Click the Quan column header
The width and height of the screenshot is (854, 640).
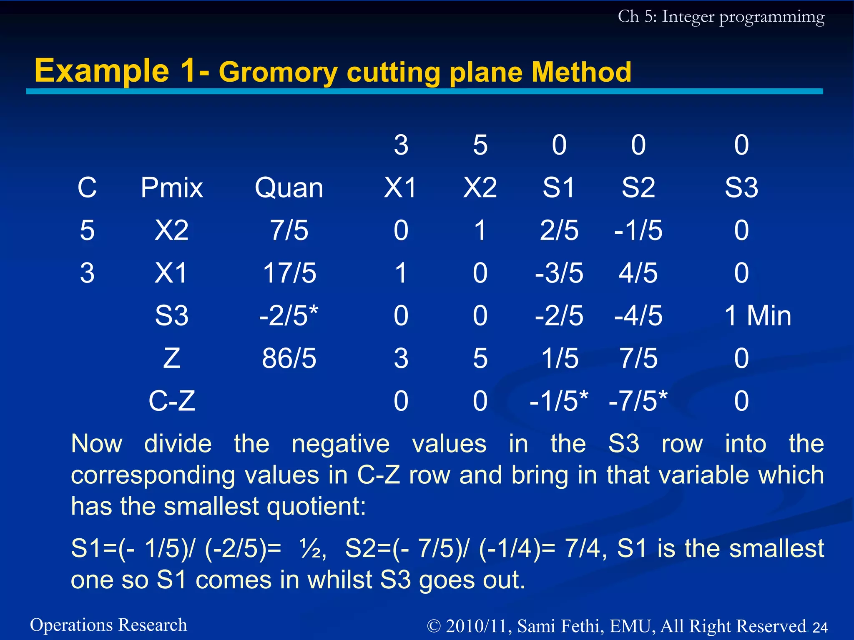[289, 188]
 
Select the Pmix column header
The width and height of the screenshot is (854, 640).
[172, 188]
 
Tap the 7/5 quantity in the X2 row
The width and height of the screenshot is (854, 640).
[289, 230]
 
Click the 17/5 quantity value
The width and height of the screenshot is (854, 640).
[289, 273]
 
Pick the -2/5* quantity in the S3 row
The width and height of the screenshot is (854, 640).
[288, 316]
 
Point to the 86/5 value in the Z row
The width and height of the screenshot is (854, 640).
[289, 358]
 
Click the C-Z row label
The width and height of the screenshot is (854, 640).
[172, 401]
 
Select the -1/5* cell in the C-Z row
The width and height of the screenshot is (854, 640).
[559, 401]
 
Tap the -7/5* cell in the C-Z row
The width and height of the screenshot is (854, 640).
[638, 401]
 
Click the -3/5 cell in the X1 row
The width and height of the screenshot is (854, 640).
[559, 273]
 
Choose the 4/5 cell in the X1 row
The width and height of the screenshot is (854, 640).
[638, 273]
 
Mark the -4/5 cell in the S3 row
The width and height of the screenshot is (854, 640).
[638, 316]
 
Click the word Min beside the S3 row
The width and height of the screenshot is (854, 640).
[769, 316]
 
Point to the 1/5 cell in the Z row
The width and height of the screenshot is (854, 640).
[560, 358]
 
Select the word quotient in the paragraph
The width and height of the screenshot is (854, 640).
[316, 507]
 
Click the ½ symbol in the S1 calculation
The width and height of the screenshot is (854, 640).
[312, 549]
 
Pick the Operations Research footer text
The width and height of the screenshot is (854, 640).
[108, 625]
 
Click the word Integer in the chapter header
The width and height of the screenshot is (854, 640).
[688, 17]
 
